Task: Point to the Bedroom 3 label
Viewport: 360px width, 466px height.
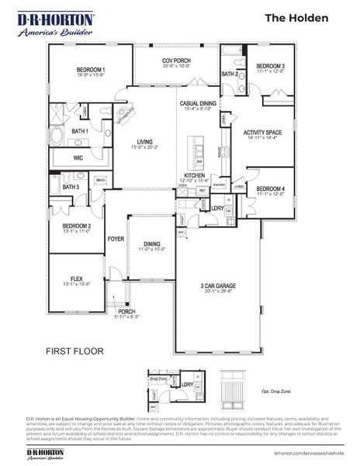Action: coord(271,66)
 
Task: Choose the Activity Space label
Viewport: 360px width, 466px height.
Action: coord(262,133)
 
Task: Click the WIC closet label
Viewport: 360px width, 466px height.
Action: coord(78,158)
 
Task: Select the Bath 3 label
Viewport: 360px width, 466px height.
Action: coord(71,186)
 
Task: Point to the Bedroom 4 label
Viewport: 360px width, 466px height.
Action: coord(270,188)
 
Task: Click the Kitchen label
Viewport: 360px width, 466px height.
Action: coord(194,176)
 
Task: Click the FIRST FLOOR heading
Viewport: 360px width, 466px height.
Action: coord(74,351)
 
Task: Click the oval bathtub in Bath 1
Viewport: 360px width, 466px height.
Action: coord(60,140)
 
